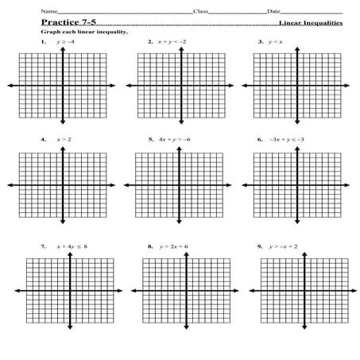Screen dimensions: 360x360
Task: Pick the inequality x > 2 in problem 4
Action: tap(64, 140)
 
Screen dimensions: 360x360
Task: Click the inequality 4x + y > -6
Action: tap(176, 140)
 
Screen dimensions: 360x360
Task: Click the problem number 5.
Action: tap(150, 140)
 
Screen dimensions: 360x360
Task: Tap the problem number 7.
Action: tap(43, 247)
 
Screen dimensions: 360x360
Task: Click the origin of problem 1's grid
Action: tap(63, 85)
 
